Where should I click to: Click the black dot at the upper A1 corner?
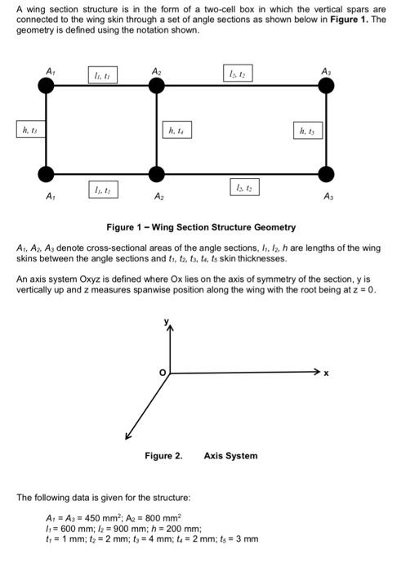47,84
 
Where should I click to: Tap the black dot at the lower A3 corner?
327,173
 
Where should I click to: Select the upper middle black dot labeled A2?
157,84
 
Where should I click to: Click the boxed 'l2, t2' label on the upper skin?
239,74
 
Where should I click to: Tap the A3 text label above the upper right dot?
328,70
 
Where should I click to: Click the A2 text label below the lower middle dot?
158,197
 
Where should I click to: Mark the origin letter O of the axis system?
163,373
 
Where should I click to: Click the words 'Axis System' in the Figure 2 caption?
230,456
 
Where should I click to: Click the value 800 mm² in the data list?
163,518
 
